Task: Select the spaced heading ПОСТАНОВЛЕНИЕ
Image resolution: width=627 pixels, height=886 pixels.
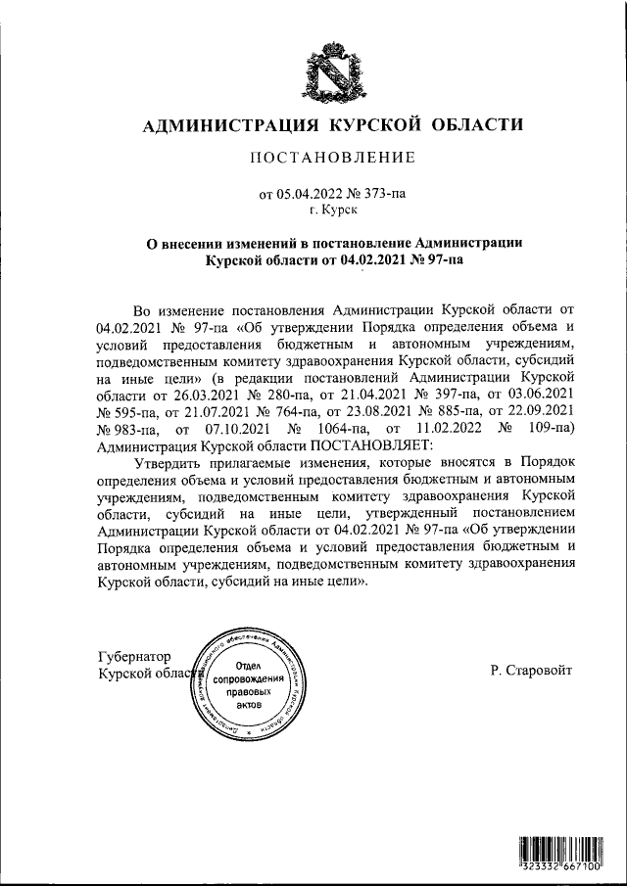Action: (334, 158)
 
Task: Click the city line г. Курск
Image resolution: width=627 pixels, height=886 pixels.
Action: (333, 210)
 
